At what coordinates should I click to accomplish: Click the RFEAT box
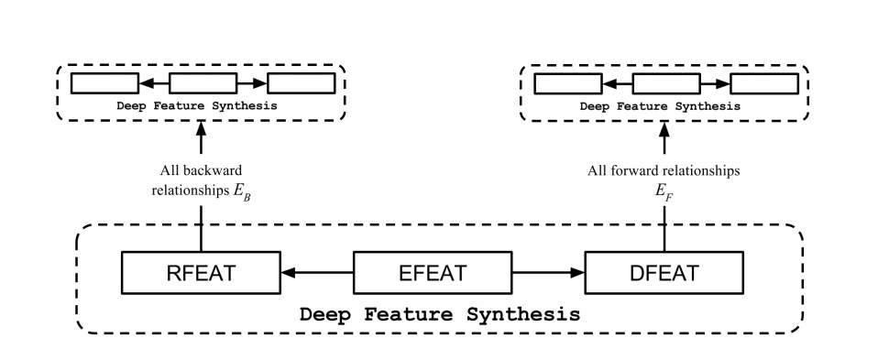(x=201, y=272)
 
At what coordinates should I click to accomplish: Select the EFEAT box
(x=434, y=272)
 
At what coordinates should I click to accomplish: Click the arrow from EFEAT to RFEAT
(x=317, y=272)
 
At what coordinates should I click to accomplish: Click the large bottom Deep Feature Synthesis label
(x=440, y=313)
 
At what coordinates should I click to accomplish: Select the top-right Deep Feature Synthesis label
(x=662, y=105)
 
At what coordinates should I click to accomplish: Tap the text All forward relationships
(x=664, y=170)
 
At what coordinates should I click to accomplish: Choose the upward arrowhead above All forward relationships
(x=664, y=131)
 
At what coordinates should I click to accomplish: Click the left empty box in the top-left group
(x=104, y=83)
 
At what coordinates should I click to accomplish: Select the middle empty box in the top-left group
(x=203, y=83)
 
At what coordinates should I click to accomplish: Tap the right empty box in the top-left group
(x=301, y=83)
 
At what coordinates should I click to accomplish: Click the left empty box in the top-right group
(x=567, y=83)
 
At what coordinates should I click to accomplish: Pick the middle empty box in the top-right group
(x=666, y=83)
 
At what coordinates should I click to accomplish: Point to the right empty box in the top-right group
(x=764, y=83)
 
